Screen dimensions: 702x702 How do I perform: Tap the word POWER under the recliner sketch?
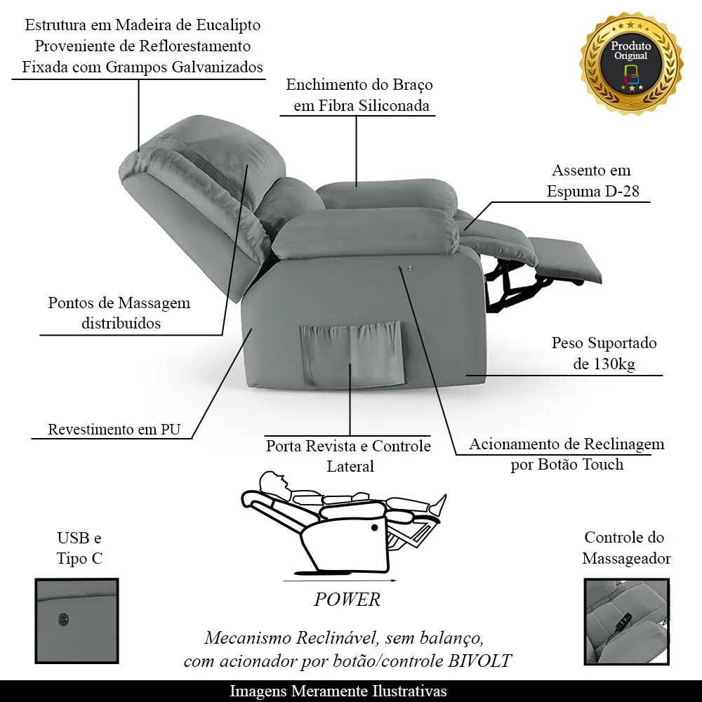pos(347,600)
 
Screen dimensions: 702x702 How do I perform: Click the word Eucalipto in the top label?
pos(228,25)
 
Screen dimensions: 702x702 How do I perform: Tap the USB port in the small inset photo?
pos(64,620)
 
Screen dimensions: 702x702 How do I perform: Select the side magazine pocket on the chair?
pos(352,354)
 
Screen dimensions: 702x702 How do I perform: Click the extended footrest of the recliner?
pos(567,260)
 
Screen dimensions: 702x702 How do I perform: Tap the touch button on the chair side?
pos(409,268)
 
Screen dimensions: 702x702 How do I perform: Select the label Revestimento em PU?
pos(114,430)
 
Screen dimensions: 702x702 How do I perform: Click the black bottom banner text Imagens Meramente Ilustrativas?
pos(338,691)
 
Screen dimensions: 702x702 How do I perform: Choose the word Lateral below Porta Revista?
pos(350,466)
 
